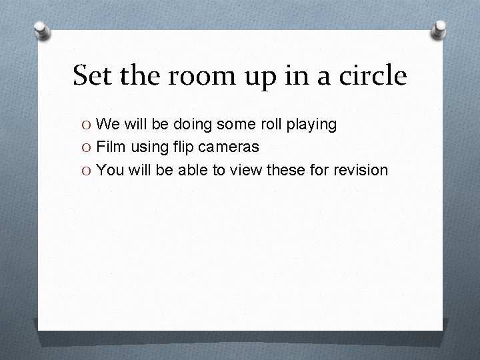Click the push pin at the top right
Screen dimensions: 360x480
pos(440,28)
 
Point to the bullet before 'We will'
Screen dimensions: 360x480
pos(87,124)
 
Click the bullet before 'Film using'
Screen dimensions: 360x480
pos(87,147)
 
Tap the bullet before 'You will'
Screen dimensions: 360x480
pos(87,170)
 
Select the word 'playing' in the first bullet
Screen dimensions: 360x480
pos(313,125)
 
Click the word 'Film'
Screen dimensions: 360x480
pos(110,147)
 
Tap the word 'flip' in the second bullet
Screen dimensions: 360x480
pos(180,147)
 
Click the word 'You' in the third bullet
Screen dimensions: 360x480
pos(110,170)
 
